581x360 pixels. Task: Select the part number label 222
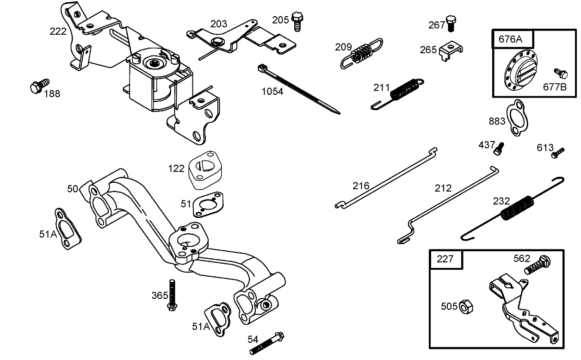pos(58,31)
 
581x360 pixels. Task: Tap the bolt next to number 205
pos(297,21)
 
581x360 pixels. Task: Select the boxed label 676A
pos(510,39)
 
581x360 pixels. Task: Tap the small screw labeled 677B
pos(560,73)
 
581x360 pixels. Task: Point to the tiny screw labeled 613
pos(558,153)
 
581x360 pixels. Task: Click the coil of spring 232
pos(517,208)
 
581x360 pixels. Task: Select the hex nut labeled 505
pos(466,306)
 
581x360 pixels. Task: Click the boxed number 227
pos(445,259)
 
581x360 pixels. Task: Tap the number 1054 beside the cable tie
pos(272,92)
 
